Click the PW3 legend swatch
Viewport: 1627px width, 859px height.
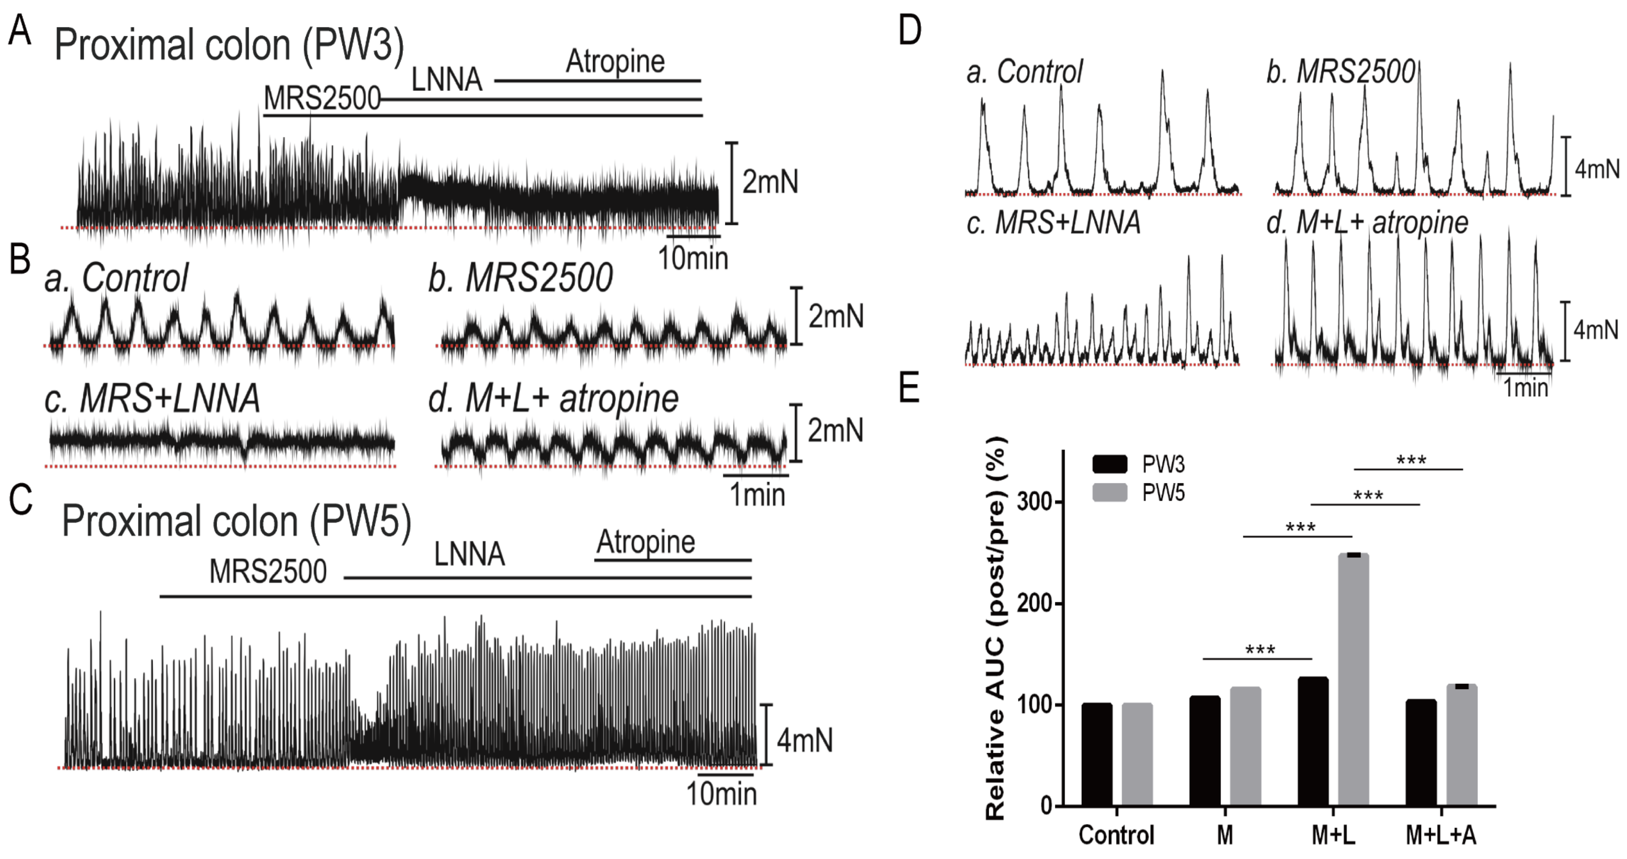tap(1109, 464)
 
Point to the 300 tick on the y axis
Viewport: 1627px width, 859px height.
tap(1033, 503)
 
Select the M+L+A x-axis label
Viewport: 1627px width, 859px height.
tap(1441, 835)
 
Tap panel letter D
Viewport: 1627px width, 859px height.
tap(909, 30)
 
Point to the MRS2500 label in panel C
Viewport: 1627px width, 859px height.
tap(268, 571)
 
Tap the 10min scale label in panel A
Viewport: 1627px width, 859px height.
tap(693, 258)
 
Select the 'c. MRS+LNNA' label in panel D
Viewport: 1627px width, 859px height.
tap(1054, 223)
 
